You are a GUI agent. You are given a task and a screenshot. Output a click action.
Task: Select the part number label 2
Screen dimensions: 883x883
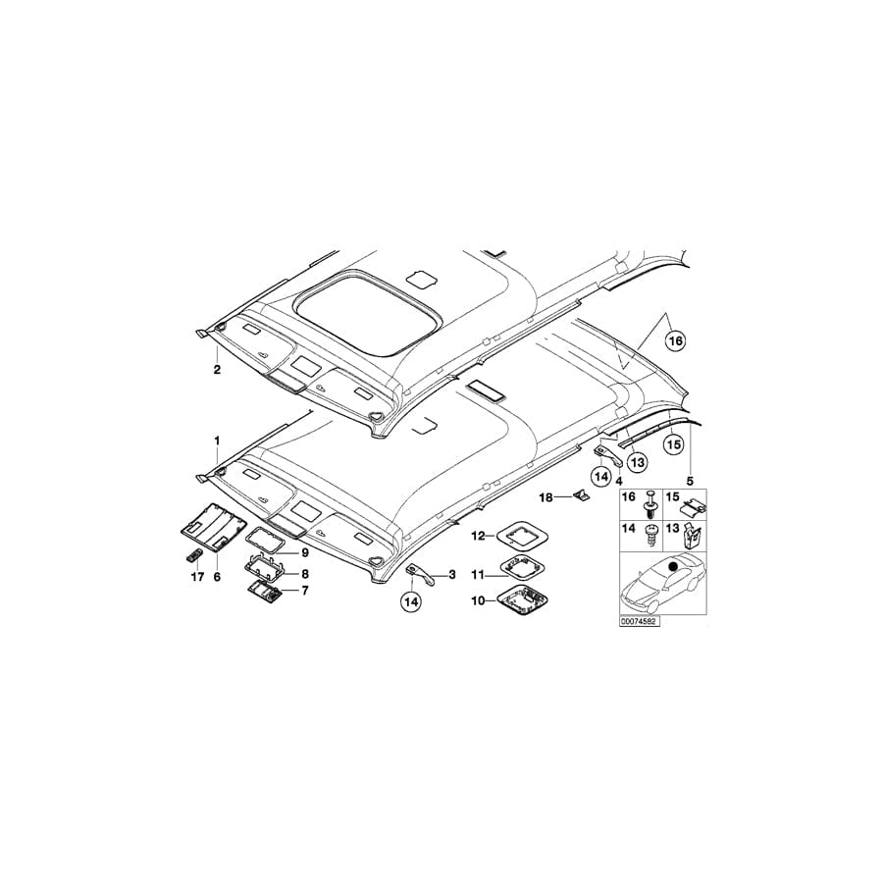217,370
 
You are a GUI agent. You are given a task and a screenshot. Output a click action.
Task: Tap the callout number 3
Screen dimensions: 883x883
451,574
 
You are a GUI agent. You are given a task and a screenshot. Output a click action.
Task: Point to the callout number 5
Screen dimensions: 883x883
690,481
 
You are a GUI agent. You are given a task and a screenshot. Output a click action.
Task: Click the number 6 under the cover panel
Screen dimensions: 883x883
217,577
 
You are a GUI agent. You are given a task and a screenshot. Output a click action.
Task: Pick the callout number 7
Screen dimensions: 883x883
305,591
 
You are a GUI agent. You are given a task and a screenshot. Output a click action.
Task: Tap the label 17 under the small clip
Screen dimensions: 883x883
197,577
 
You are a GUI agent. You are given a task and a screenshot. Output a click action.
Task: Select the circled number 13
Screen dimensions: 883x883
636,460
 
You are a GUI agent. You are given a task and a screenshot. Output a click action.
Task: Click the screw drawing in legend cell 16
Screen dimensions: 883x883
649,506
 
